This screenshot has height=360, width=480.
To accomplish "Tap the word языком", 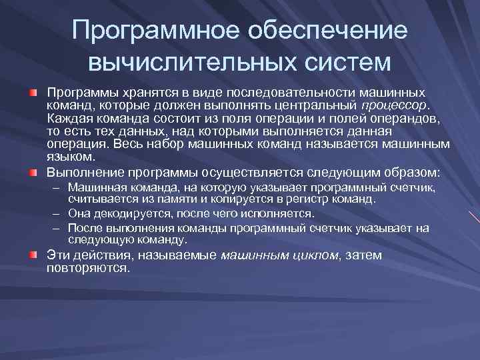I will click(71, 157).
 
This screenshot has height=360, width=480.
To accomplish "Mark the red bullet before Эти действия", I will click(34, 255).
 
